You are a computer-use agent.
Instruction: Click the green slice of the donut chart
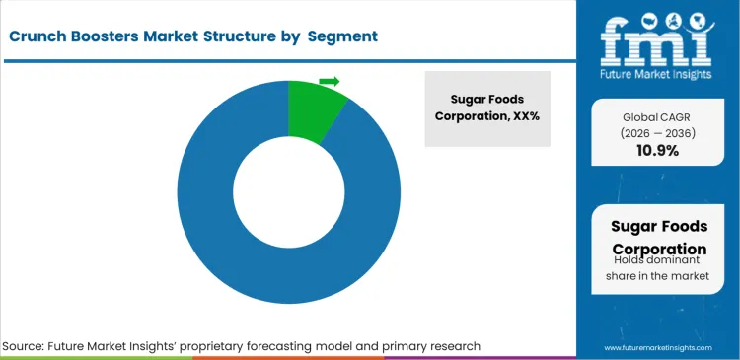click(314, 108)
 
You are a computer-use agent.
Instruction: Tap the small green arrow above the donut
click(330, 81)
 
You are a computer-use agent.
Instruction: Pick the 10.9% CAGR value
click(658, 151)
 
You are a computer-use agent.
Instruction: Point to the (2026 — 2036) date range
click(658, 133)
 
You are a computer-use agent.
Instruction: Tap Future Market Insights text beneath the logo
click(658, 72)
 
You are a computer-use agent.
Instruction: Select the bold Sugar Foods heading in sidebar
click(658, 227)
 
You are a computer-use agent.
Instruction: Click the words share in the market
click(658, 277)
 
